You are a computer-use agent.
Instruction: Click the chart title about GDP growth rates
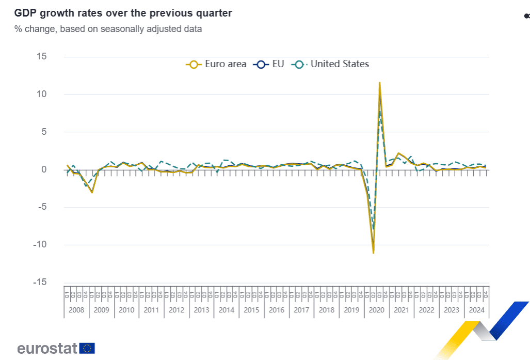(x=123, y=13)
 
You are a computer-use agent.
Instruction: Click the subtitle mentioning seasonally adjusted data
(x=108, y=29)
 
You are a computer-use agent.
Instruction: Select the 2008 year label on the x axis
(x=76, y=310)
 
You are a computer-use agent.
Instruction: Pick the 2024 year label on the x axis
(x=476, y=310)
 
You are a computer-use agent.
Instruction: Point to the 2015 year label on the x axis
(x=251, y=310)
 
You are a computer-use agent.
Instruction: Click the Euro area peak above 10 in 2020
(x=380, y=83)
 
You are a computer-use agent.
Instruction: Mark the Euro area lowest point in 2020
(x=373, y=253)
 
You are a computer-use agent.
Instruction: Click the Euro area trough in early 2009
(x=92, y=192)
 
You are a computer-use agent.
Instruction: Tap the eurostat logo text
(x=47, y=348)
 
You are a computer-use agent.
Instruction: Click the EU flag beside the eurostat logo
(x=87, y=348)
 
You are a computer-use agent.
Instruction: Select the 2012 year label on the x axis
(x=176, y=310)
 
